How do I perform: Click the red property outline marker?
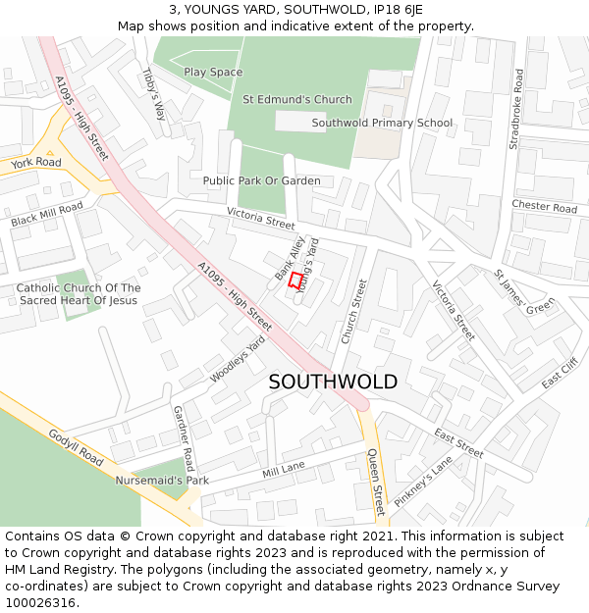click(295, 280)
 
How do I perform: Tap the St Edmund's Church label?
click(296, 99)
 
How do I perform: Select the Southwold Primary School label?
click(382, 123)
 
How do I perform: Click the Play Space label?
click(213, 72)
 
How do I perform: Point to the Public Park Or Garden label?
click(261, 180)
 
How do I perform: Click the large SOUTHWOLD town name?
click(333, 382)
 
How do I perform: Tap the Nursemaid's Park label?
click(162, 481)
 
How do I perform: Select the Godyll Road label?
click(76, 446)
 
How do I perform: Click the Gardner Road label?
click(184, 437)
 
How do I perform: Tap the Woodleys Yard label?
click(238, 359)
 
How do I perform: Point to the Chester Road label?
click(544, 207)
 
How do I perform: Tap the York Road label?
click(36, 162)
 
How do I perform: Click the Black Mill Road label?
click(47, 214)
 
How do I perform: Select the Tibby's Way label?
click(154, 94)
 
